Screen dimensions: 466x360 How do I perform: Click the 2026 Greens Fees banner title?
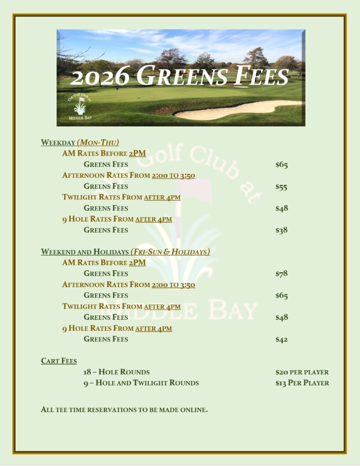coord(180,76)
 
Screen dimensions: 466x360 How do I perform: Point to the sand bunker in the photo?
coord(237,109)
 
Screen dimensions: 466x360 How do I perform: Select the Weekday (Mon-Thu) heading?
coord(80,143)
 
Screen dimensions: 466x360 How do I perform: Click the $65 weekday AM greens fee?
coord(281,165)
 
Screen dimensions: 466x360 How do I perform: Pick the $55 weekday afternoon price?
coord(281,187)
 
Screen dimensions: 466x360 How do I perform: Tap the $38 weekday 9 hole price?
coord(281,230)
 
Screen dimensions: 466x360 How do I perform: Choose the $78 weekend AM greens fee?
coord(281,274)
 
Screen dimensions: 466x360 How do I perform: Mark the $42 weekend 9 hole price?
coord(281,339)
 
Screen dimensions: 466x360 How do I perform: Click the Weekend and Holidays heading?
coord(125,252)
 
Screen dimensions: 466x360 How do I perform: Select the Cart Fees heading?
coord(59,361)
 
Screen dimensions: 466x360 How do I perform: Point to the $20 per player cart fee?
coord(302,372)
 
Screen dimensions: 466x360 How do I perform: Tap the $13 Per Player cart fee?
coord(302,383)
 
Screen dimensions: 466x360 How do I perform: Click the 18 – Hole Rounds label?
coord(116,372)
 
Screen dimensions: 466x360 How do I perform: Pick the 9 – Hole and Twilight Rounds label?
coord(141,383)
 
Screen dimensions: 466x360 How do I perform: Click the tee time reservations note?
coord(124,410)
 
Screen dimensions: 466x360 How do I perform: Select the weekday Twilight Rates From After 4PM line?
coord(121,197)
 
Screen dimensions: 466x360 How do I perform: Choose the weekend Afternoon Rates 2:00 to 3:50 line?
coord(129,285)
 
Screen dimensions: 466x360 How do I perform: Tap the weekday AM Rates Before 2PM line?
coord(104,154)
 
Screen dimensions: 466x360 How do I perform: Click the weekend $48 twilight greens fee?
coord(281,317)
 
